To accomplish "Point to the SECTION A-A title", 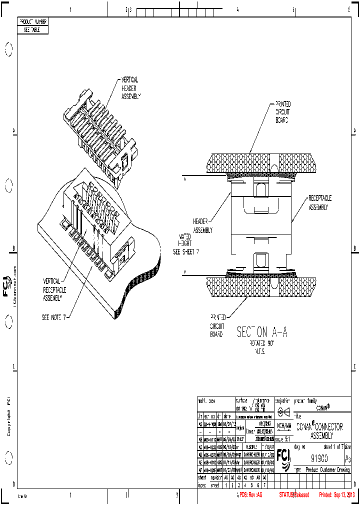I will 261,331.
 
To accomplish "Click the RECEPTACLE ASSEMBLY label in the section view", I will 319,202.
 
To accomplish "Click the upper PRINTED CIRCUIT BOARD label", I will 282,111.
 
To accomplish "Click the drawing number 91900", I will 319,458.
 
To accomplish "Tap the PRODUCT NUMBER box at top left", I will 33,22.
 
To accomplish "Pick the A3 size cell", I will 347,458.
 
